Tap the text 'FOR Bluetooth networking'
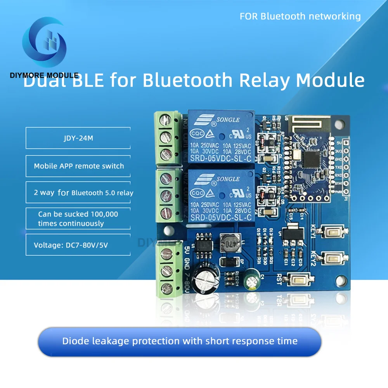[300, 16]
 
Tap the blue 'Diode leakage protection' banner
[180, 341]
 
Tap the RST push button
[299, 278]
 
